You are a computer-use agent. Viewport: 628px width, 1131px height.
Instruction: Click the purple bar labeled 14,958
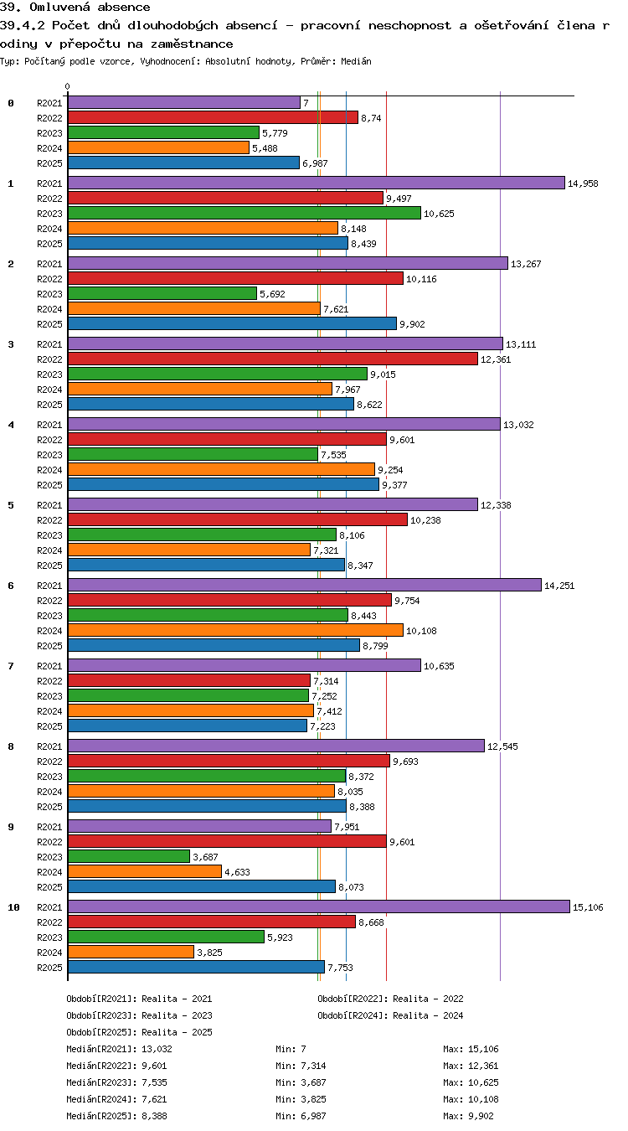(x=317, y=183)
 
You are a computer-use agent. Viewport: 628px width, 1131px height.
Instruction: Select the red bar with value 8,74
(x=213, y=117)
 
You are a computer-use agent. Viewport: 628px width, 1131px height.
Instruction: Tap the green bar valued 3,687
(x=129, y=856)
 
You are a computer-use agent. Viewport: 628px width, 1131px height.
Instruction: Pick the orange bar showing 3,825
(x=131, y=953)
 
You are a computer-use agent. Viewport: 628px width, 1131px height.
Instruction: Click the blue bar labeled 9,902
(x=232, y=323)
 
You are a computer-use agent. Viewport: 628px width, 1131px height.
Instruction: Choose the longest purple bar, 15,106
(x=319, y=906)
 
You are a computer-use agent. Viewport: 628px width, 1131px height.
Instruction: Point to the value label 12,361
(x=496, y=359)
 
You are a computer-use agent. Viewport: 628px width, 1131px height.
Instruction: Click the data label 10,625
(x=439, y=214)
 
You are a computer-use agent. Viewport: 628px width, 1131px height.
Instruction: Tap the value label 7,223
(x=322, y=726)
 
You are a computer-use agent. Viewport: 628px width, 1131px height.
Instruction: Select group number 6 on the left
(x=11, y=586)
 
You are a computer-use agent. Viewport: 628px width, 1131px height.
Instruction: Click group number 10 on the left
(x=13, y=907)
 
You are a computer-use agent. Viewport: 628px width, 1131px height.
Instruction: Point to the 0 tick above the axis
(x=68, y=87)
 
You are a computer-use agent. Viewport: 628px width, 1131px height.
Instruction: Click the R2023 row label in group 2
(x=49, y=294)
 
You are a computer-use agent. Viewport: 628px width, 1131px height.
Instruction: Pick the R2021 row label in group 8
(x=49, y=746)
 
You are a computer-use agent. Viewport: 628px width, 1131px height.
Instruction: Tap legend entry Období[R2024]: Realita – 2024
(x=390, y=1015)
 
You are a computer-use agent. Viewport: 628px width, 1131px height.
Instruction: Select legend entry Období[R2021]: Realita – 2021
(x=139, y=999)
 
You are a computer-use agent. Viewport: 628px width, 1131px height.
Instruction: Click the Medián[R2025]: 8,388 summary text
(x=116, y=1116)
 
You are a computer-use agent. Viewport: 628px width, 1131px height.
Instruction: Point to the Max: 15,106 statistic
(x=471, y=1049)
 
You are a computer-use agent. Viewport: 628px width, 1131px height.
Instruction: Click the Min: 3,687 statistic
(x=301, y=1082)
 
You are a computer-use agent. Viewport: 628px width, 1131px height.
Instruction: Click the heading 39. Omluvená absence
(x=75, y=7)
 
